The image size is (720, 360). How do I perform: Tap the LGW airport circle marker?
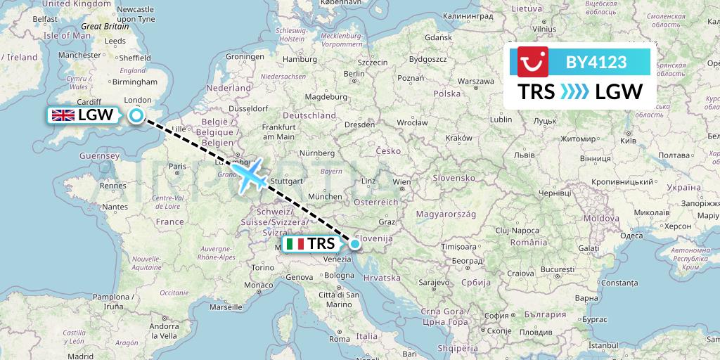click(x=136, y=116)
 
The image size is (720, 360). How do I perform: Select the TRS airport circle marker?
click(x=355, y=244)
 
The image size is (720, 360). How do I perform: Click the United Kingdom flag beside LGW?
click(x=63, y=115)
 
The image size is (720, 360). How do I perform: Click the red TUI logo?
click(x=532, y=62)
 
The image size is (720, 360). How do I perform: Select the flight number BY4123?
click(x=596, y=62)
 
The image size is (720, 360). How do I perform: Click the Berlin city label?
click(x=354, y=74)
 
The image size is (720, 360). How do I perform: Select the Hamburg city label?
click(x=299, y=60)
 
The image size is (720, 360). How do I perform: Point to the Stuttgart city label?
click(x=285, y=180)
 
